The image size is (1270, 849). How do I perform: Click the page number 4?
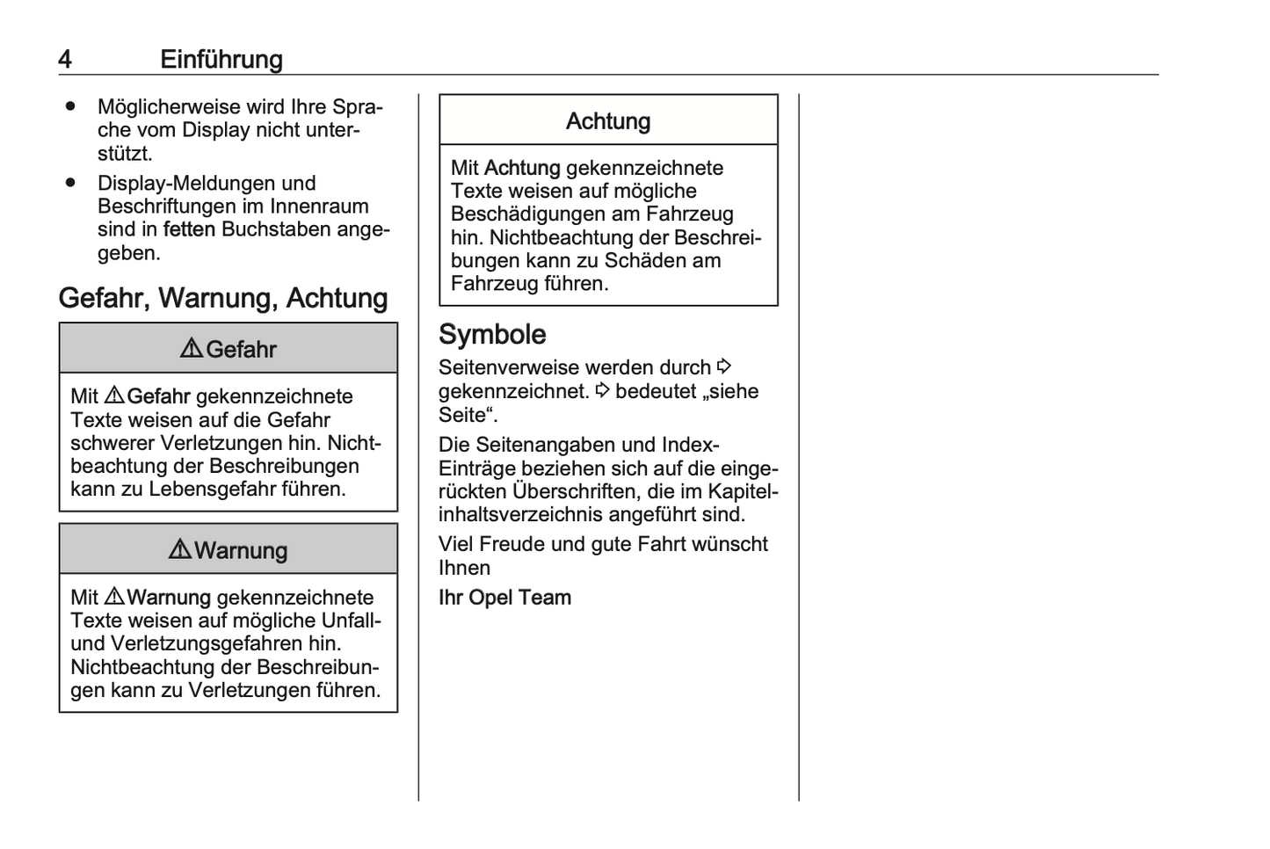click(65, 60)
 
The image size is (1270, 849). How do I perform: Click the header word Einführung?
click(221, 60)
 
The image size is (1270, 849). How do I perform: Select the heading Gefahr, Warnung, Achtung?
click(223, 298)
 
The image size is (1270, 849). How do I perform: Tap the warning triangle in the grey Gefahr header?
click(192, 349)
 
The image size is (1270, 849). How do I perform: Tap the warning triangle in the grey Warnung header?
click(180, 550)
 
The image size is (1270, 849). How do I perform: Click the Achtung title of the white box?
click(608, 121)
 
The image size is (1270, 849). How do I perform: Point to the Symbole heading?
click(492, 334)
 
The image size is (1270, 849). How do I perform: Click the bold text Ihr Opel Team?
click(504, 598)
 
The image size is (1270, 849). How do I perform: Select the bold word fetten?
click(189, 229)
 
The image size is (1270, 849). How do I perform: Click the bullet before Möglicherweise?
click(70, 106)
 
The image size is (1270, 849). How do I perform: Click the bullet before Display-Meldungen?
click(70, 183)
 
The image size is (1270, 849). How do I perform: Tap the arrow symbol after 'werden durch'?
click(724, 366)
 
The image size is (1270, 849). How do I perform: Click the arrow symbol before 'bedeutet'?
click(602, 390)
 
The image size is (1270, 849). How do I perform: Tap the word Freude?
click(512, 544)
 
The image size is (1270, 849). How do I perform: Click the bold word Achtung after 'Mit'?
click(522, 168)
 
